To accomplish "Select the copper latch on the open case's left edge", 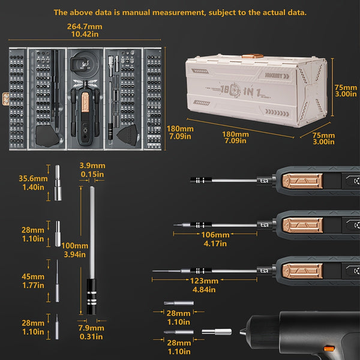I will click(x=7, y=95).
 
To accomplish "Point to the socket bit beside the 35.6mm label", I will click(x=58, y=182).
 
